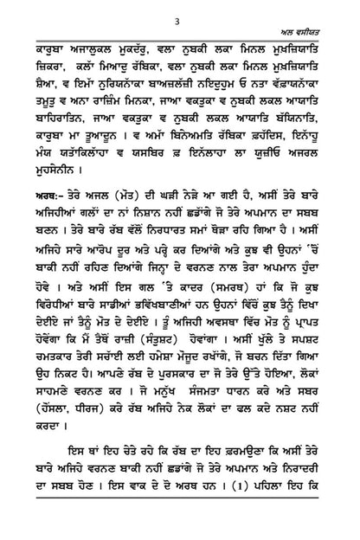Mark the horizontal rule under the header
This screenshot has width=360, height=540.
coord(179,48)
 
